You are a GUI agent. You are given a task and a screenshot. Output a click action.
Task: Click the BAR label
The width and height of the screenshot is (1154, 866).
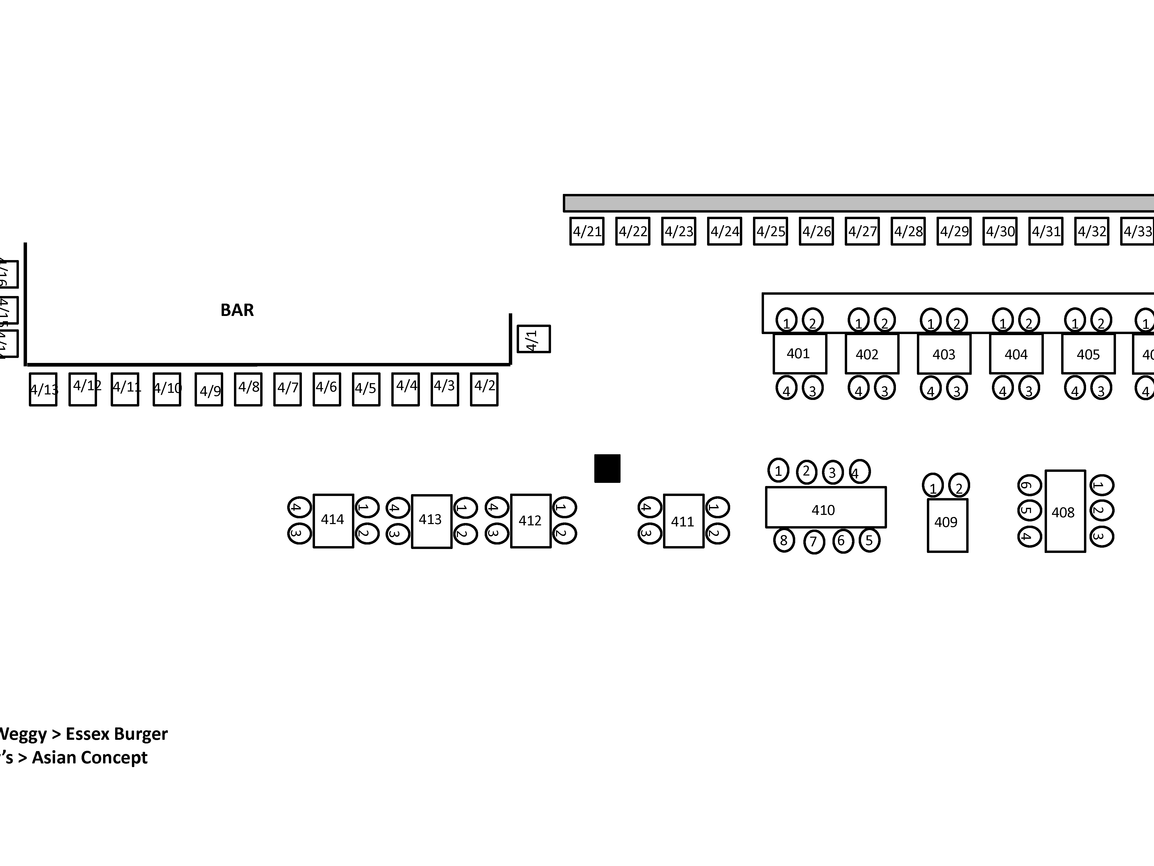pos(237,310)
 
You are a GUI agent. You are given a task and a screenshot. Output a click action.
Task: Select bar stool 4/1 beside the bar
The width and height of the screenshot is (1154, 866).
pos(533,339)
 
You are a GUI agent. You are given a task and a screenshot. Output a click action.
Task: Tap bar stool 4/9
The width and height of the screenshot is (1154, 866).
pos(209,389)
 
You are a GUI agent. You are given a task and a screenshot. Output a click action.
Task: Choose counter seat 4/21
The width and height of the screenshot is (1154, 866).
pos(587,231)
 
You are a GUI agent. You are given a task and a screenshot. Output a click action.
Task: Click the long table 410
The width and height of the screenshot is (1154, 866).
pos(825,507)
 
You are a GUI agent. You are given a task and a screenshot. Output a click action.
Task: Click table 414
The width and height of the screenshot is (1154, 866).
pos(333,520)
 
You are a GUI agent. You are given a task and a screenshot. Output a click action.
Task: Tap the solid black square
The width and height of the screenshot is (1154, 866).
pos(607,468)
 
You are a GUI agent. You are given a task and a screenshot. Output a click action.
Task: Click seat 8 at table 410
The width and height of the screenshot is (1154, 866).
pos(784,540)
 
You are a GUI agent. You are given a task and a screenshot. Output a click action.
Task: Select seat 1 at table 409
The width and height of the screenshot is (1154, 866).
pos(933,485)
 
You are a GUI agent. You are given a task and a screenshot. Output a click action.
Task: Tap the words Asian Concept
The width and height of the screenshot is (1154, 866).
pos(90,757)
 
